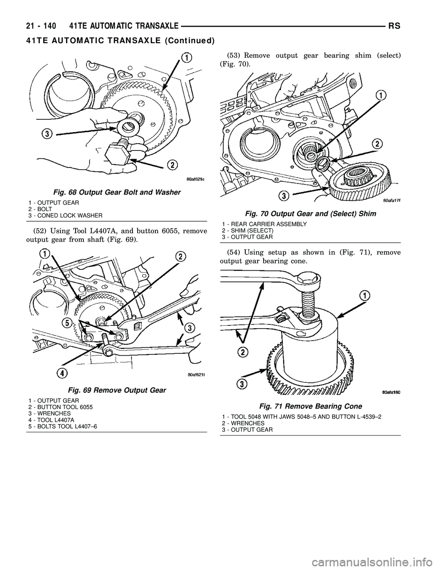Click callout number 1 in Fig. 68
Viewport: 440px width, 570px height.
(186, 57)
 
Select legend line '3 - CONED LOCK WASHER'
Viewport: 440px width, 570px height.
(65, 215)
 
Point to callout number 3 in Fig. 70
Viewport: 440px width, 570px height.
(284, 196)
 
